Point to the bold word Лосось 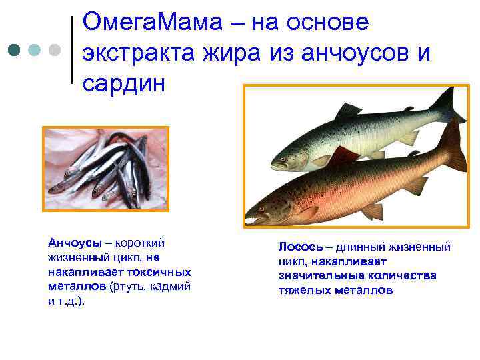(x=299, y=247)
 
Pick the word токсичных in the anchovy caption (x=164, y=272)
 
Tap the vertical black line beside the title (x=72, y=50)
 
